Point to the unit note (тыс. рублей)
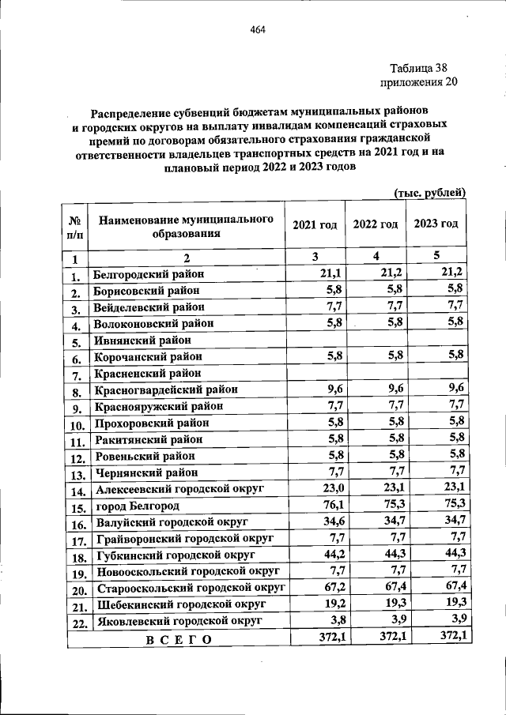(x=429, y=192)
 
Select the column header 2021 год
(x=315, y=224)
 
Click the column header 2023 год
(x=436, y=224)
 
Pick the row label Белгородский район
(x=148, y=273)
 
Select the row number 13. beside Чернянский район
(x=77, y=475)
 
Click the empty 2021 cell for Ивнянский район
(x=315, y=341)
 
